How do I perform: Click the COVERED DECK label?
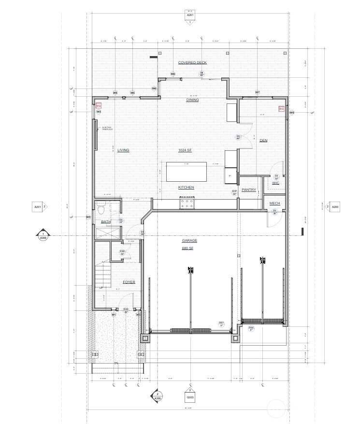click(192, 62)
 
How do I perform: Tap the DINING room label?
click(192, 100)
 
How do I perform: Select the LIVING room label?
click(123, 150)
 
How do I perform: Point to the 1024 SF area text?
click(185, 150)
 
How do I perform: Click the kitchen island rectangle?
click(186, 172)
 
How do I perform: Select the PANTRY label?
click(248, 190)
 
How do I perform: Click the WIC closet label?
click(275, 183)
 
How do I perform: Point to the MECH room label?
click(274, 204)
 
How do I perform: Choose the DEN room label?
click(263, 141)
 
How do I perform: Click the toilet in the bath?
click(101, 209)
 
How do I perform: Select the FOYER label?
click(129, 282)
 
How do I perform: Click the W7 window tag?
click(258, 92)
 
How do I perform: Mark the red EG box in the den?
click(281, 109)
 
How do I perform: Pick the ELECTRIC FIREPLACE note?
click(107, 129)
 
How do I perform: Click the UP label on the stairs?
click(101, 288)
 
